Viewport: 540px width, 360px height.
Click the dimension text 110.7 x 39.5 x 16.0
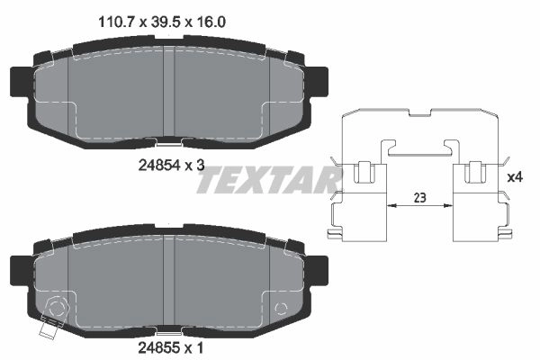pyautogui.click(x=162, y=22)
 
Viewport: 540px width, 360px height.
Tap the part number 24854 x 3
pyautogui.click(x=171, y=166)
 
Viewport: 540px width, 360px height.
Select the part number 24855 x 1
pyautogui.click(x=170, y=348)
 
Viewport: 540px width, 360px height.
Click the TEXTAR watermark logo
pyautogui.click(x=268, y=179)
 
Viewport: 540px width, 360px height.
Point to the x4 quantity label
pyautogui.click(x=515, y=177)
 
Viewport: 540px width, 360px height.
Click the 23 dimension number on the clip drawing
pyautogui.click(x=419, y=198)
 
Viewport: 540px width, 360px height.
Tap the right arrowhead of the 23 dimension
pyautogui.click(x=448, y=206)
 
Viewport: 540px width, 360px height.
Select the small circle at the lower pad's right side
pyautogui.click(x=281, y=309)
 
